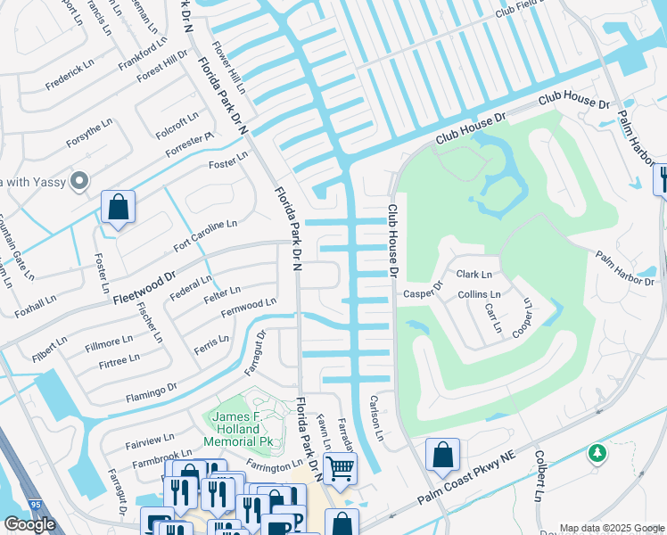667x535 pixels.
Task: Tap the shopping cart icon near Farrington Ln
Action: click(x=339, y=467)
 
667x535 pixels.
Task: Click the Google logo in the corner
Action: click(x=29, y=524)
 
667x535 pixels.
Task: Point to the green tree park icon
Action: click(x=597, y=454)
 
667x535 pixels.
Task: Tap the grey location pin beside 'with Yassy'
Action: click(x=79, y=181)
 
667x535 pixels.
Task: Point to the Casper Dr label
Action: click(x=423, y=292)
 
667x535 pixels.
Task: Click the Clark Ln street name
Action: click(x=473, y=275)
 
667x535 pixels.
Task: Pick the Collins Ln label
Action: click(x=479, y=294)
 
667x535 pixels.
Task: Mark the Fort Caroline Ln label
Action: click(x=205, y=236)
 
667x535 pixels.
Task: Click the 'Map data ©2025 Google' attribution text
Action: click(x=612, y=528)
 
